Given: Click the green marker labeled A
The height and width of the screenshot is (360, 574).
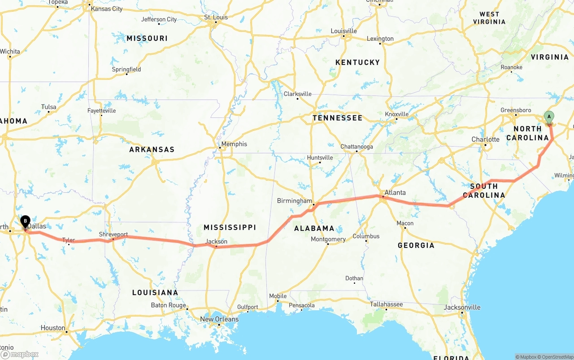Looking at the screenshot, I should click(x=548, y=117).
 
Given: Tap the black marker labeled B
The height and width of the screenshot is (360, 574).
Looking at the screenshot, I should click(x=26, y=221).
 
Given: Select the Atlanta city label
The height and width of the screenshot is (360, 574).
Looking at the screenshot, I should click(x=395, y=193).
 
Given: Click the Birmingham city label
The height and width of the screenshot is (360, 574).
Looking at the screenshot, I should click(x=294, y=201).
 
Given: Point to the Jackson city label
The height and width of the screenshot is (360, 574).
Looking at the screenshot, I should click(x=216, y=242).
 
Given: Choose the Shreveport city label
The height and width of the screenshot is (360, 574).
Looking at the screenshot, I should click(x=113, y=234).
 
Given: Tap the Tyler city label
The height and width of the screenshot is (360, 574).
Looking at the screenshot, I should click(x=69, y=240).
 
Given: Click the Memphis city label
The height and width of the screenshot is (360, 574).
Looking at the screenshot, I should click(x=234, y=144).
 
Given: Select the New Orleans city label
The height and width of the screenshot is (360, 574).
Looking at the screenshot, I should click(x=219, y=319).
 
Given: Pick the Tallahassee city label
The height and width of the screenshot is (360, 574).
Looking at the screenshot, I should click(x=386, y=304).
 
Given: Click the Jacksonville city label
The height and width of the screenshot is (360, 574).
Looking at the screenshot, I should click(x=462, y=308).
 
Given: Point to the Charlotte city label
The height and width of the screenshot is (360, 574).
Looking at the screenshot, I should click(x=485, y=139).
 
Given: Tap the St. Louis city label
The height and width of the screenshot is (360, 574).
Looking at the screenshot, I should click(x=216, y=17).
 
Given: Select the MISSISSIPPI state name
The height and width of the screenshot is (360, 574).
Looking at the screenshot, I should click(x=230, y=227).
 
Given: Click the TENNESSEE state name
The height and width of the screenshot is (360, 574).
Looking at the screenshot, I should click(x=337, y=118).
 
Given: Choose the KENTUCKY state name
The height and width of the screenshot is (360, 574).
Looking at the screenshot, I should click(x=357, y=62).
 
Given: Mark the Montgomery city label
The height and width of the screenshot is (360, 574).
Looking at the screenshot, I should click(x=328, y=239).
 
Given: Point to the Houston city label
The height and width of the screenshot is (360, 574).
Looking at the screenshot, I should click(x=53, y=328).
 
